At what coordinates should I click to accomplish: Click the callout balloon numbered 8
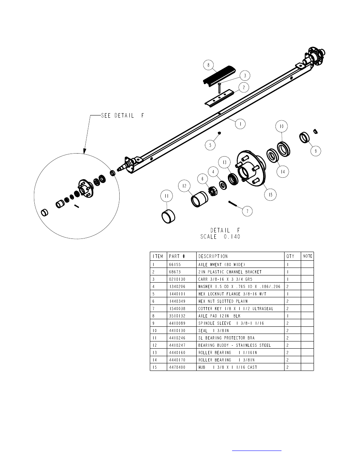[208, 65]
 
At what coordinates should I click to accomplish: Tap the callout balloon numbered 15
[270, 194]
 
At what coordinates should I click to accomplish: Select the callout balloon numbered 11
[166, 196]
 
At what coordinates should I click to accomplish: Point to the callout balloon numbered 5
[210, 145]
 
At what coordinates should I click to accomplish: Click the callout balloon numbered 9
[315, 151]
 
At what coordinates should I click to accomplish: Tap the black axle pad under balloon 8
[219, 76]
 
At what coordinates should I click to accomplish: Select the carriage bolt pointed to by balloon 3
[219, 88]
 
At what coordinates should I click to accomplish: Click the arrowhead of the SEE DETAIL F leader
[85, 152]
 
